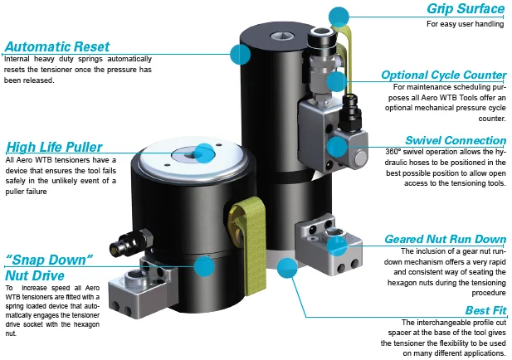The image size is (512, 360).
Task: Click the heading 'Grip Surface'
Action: pos(466,10)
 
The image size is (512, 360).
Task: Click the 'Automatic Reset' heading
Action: pos(61,46)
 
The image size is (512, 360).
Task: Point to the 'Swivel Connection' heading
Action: pos(456,140)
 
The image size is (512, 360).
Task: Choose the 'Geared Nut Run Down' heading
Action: pos(445,239)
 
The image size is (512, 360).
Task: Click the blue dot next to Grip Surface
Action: pos(339,16)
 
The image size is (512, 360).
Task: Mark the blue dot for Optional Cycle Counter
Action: pos(336,81)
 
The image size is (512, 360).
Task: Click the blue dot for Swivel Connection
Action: pos(336,147)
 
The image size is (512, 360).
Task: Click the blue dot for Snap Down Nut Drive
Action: pos(202,266)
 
